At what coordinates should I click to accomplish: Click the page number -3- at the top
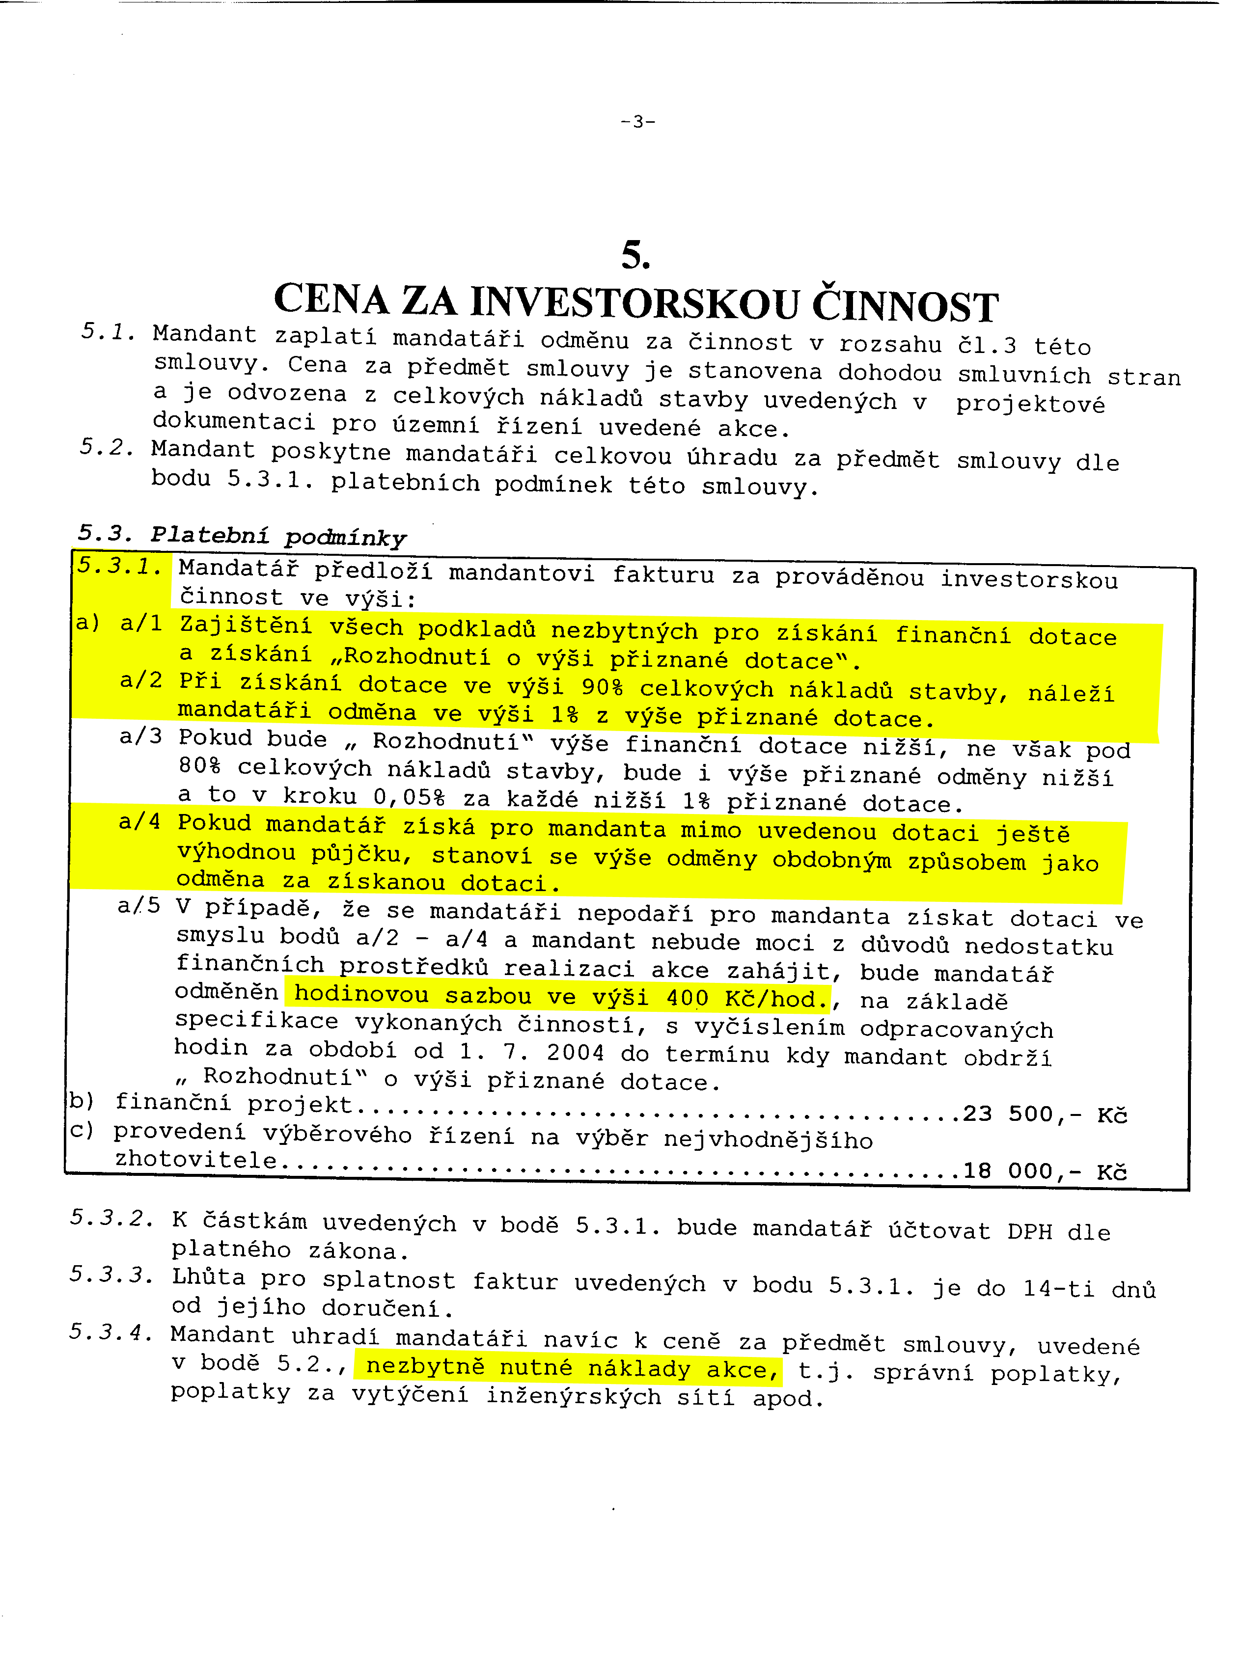(637, 121)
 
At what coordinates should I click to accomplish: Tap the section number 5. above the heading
(635, 256)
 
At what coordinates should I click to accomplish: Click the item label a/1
(141, 623)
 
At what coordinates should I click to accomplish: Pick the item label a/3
(141, 736)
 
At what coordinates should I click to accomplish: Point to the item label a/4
(139, 822)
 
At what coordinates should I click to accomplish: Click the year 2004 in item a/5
(574, 1053)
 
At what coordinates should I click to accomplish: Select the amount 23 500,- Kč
(1045, 1115)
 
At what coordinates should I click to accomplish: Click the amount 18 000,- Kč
(1045, 1171)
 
